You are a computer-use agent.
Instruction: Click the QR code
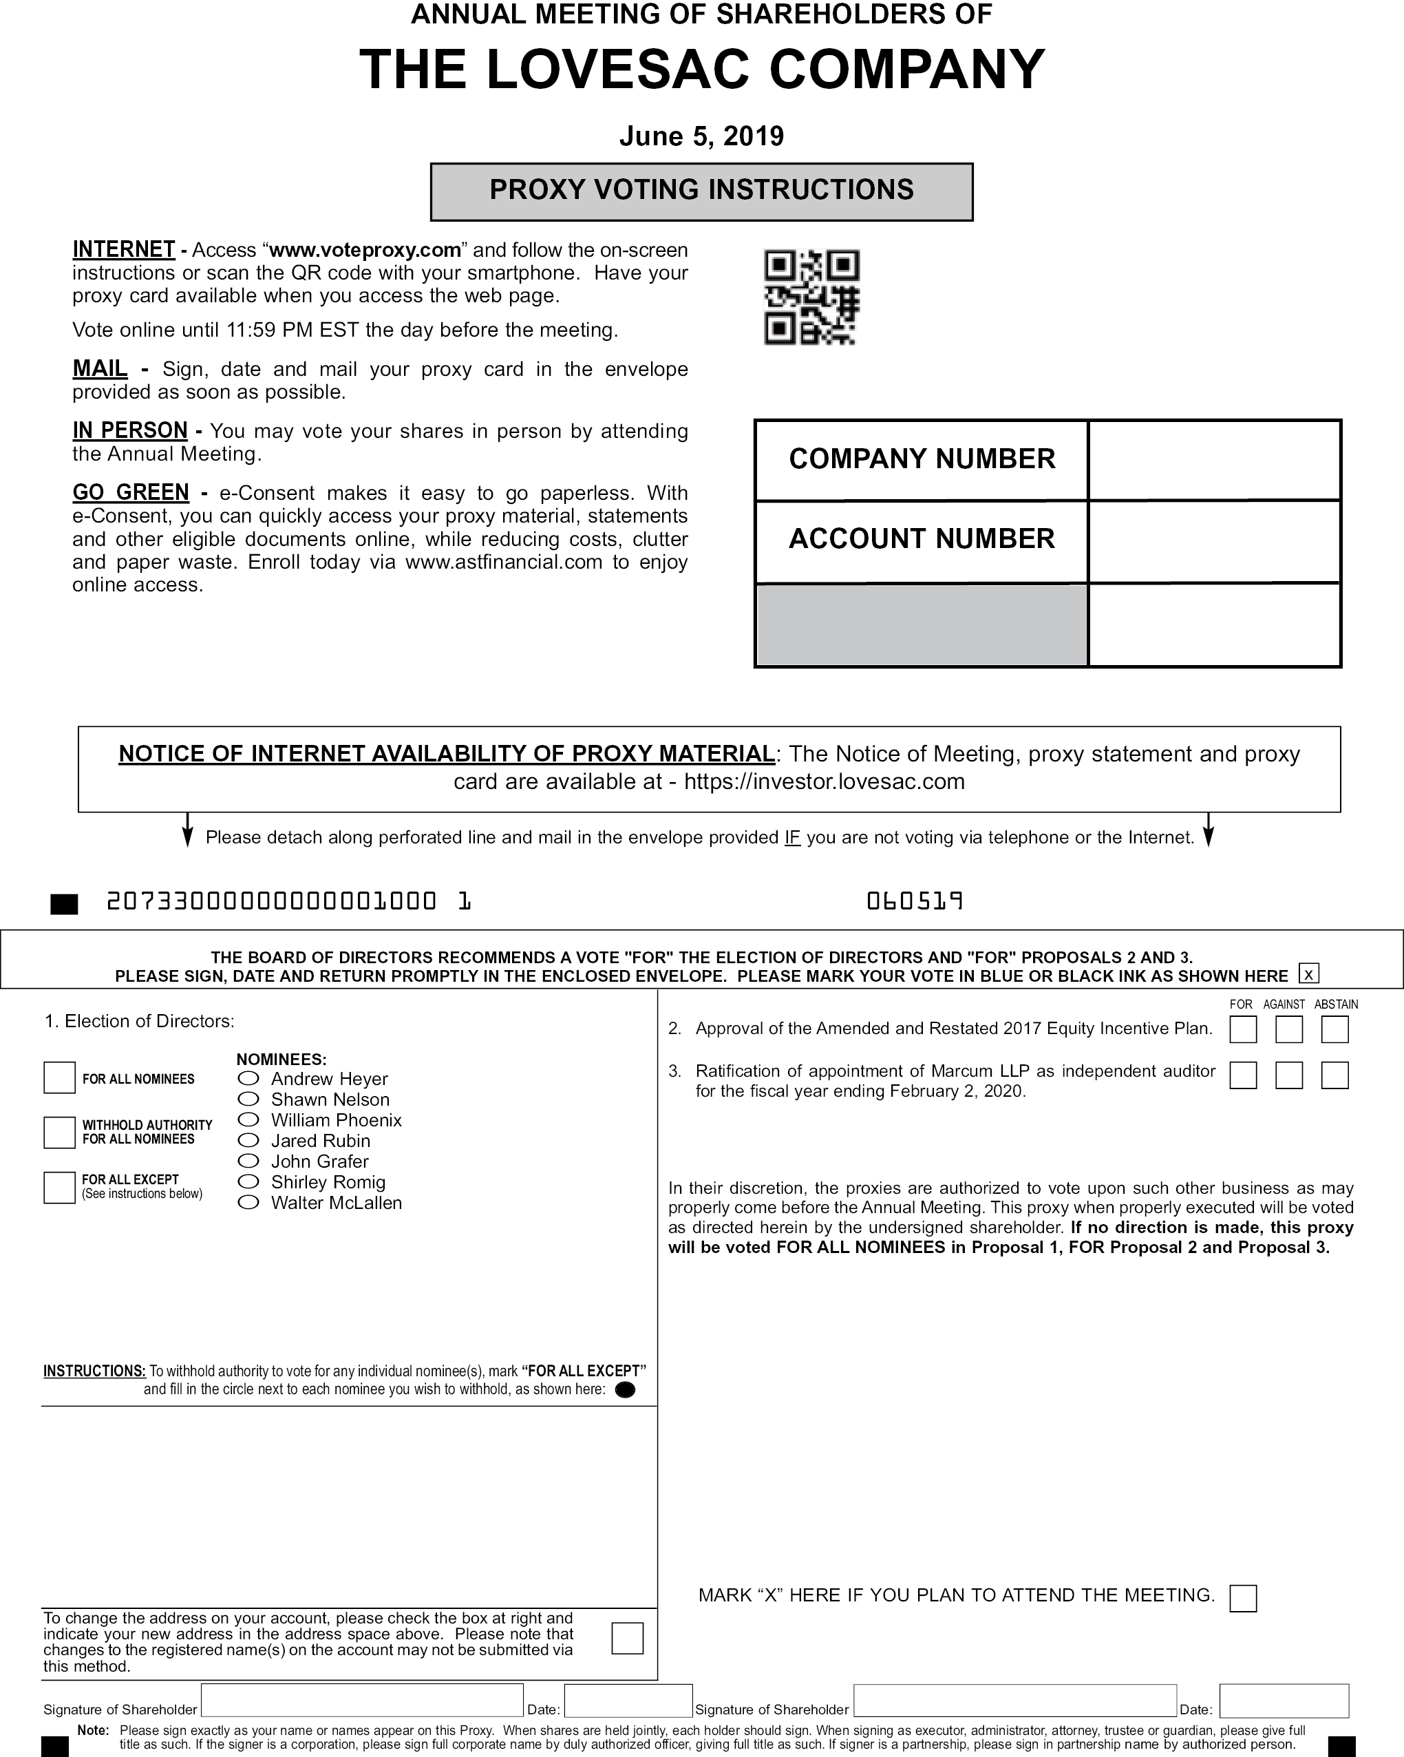pos(811,297)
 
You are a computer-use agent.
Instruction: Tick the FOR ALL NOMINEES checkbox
pos(59,1077)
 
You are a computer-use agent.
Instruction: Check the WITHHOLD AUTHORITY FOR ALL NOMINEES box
pos(59,1132)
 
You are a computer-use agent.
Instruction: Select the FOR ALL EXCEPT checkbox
pos(59,1188)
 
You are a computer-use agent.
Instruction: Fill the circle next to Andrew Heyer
pos(248,1078)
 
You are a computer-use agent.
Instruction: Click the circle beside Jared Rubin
pos(248,1140)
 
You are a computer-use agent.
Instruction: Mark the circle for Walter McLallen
pos(248,1202)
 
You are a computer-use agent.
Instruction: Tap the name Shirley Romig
pos(328,1181)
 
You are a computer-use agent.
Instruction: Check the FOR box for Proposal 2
pos(1243,1029)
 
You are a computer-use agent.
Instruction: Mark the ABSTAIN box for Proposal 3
pos(1334,1075)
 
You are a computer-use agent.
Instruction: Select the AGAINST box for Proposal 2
pos(1288,1029)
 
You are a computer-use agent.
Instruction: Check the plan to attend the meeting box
pos(1243,1598)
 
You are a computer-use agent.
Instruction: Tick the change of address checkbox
pos(626,1638)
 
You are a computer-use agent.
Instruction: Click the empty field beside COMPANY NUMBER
pos(1214,460)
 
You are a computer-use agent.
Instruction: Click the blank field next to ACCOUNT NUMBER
pos(1214,541)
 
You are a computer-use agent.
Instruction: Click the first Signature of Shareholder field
pos(362,1701)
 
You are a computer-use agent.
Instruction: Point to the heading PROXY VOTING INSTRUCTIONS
pos(701,191)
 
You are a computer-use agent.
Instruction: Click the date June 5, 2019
pos(701,135)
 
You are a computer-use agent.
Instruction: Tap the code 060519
pos(914,901)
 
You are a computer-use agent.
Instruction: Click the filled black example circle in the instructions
pos(625,1389)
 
